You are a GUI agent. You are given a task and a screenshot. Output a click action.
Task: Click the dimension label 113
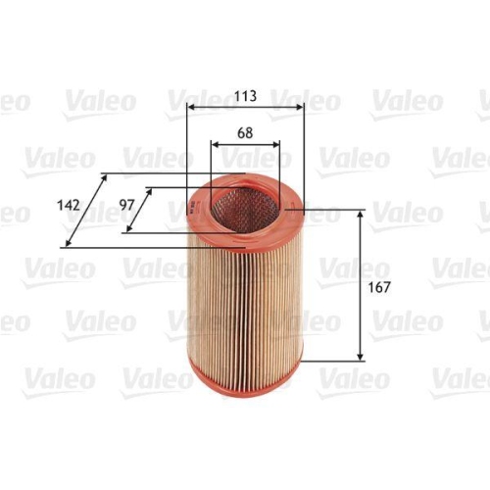[245, 96]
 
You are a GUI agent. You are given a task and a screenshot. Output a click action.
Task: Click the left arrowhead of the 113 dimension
[189, 107]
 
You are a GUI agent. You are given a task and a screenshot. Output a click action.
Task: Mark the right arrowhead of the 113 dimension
[301, 107]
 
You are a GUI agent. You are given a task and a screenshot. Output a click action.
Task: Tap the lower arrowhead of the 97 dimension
[126, 232]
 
